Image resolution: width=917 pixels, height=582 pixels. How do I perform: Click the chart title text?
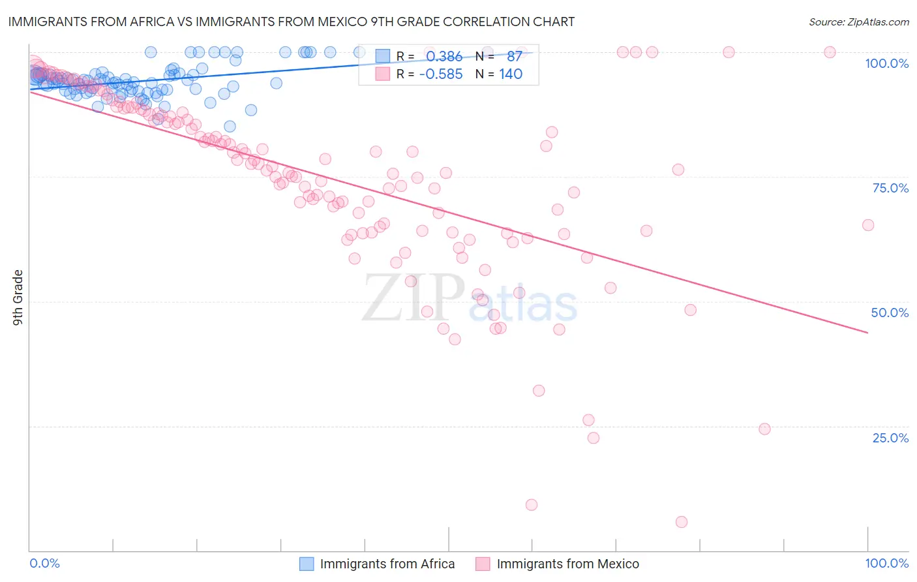click(x=292, y=22)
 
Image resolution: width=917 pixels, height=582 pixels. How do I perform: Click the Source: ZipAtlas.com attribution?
click(x=858, y=22)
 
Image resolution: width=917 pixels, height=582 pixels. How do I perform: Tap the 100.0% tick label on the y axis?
click(x=886, y=63)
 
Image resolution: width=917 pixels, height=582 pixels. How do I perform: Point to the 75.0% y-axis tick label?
click(x=890, y=188)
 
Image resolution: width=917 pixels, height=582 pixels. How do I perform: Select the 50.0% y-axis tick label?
click(x=890, y=313)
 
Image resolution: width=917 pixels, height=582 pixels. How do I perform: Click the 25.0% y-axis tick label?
click(x=890, y=438)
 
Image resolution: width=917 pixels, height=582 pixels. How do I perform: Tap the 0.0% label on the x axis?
click(x=45, y=563)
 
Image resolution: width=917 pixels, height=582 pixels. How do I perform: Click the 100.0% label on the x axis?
click(x=886, y=563)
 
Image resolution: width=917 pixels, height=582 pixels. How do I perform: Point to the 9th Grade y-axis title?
click(x=18, y=298)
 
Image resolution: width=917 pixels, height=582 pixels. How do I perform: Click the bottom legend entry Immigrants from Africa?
click(x=387, y=564)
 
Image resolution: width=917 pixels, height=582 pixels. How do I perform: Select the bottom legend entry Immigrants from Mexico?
click(x=567, y=564)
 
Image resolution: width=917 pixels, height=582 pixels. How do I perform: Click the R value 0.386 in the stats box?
click(x=444, y=57)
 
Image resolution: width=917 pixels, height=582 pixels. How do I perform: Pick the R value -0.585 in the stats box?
click(x=441, y=74)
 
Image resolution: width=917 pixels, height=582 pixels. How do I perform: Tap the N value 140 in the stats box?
click(x=511, y=74)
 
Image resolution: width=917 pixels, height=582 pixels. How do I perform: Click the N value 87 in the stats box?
click(x=514, y=57)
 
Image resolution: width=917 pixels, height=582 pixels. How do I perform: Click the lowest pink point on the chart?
click(x=682, y=522)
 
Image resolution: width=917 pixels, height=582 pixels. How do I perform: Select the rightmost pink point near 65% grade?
click(x=868, y=225)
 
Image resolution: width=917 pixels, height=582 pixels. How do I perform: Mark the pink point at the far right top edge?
click(x=830, y=52)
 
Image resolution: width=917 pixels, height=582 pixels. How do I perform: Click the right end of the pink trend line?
click(x=868, y=333)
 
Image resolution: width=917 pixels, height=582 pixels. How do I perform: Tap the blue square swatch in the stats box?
click(x=382, y=57)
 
